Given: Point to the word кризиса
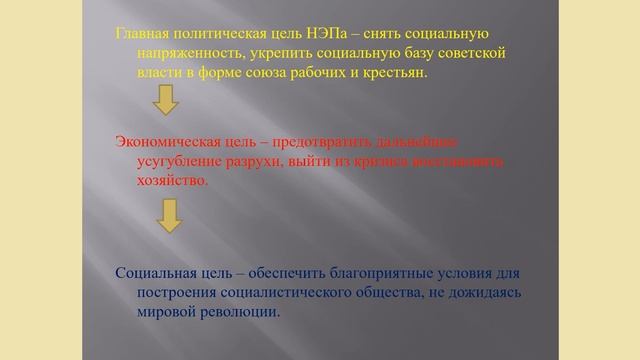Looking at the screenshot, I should coord(401,161).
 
